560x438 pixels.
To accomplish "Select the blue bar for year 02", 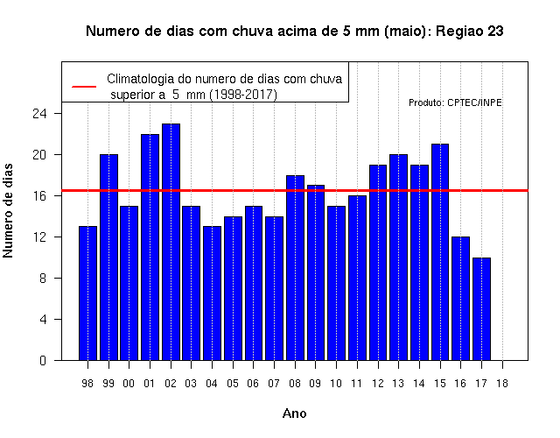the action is click(171, 242).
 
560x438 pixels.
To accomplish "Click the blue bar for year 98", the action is click(87, 293).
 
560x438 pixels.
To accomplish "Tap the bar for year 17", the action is click(481, 309).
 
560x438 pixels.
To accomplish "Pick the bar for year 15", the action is click(440, 252).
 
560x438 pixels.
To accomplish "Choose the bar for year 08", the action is click(296, 268).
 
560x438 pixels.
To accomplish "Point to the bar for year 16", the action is click(461, 299).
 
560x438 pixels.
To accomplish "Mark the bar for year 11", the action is click(358, 278).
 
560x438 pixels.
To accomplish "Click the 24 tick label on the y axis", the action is click(39, 114).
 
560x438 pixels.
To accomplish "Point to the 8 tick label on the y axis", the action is click(43, 279).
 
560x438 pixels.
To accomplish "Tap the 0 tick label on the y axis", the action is click(43, 360).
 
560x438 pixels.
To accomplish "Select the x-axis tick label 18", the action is click(502, 384).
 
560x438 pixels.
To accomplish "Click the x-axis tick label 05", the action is click(233, 384).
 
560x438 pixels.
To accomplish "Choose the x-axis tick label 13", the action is click(398, 384).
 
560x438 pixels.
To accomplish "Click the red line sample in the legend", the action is click(84, 87).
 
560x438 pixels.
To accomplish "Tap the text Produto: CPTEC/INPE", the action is click(455, 103).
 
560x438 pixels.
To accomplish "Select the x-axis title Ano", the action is click(295, 413).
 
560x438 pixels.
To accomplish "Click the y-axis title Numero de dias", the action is click(8, 210).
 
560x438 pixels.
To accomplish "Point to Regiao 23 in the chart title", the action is click(470, 32).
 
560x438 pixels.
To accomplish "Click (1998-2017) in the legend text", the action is click(243, 95).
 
